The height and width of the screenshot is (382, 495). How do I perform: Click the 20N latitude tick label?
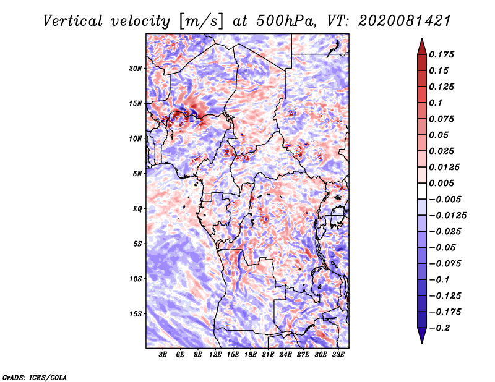click(x=136, y=69)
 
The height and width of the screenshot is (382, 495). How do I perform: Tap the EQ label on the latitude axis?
click(x=137, y=209)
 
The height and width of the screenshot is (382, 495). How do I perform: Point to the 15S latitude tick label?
click(x=136, y=314)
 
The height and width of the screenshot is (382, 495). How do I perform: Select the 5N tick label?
click(x=137, y=174)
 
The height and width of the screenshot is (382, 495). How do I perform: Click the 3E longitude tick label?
click(x=163, y=355)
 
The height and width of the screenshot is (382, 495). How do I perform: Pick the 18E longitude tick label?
click(x=251, y=355)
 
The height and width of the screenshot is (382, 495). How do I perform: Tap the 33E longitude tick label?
click(x=338, y=355)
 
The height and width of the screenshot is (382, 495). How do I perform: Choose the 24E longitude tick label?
click(x=285, y=355)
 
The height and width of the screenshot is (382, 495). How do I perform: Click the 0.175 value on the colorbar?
click(x=441, y=54)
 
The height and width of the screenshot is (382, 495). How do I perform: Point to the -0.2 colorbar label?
click(x=439, y=328)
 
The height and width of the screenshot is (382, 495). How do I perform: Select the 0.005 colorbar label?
click(x=441, y=183)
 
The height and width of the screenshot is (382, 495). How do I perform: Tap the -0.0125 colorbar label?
click(x=447, y=216)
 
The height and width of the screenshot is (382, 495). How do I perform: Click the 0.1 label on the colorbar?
click(x=436, y=103)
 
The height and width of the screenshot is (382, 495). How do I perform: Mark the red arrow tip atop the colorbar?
click(x=422, y=38)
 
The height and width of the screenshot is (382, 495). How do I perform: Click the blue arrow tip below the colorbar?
click(x=422, y=343)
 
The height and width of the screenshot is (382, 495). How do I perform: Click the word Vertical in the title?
click(x=73, y=21)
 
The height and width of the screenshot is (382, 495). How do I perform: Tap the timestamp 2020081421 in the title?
click(x=405, y=21)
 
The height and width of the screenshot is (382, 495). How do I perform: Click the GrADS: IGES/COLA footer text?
click(x=35, y=377)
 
